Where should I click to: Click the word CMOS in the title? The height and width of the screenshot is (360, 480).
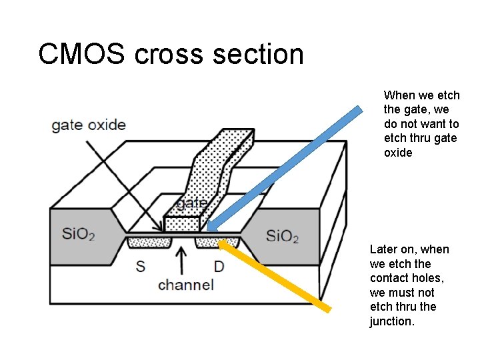click(x=81, y=54)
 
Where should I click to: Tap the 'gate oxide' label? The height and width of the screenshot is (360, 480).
click(x=88, y=125)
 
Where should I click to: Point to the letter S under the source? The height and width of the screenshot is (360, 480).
click(x=141, y=267)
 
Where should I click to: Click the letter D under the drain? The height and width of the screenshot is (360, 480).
click(x=219, y=267)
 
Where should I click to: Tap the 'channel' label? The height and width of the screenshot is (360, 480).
click(x=186, y=285)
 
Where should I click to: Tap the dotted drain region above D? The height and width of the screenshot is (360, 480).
click(x=209, y=243)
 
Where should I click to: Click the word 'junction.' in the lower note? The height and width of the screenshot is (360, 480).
click(x=392, y=321)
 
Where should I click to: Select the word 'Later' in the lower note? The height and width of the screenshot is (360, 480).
click(x=383, y=249)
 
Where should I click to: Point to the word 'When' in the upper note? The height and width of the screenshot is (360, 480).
click(x=399, y=95)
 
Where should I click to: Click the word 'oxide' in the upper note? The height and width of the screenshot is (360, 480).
click(x=398, y=153)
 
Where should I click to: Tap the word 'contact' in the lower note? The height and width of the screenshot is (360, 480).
click(x=389, y=278)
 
